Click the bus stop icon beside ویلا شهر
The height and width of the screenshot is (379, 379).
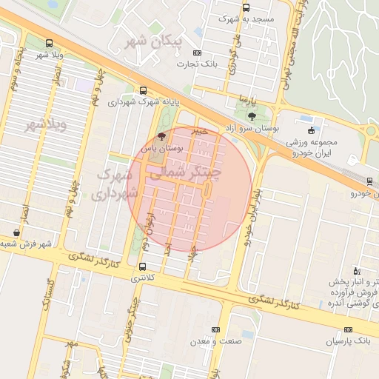point(49,43)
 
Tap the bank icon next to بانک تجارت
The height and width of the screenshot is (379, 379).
point(197,53)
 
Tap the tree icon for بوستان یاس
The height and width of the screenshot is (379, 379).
point(162,136)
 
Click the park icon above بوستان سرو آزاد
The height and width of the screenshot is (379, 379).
point(252,116)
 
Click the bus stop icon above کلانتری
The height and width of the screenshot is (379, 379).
point(142,266)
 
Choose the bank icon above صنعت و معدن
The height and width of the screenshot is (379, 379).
point(215,329)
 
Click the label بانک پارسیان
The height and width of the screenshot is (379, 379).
point(347,341)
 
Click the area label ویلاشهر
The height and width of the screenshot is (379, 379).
point(46,124)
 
